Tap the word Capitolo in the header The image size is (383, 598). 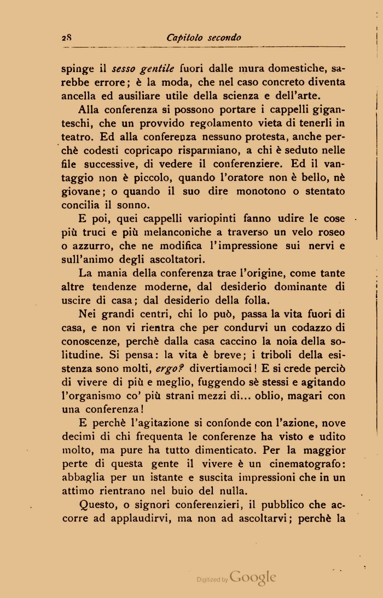tap(184, 38)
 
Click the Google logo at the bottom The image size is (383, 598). tap(253, 577)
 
